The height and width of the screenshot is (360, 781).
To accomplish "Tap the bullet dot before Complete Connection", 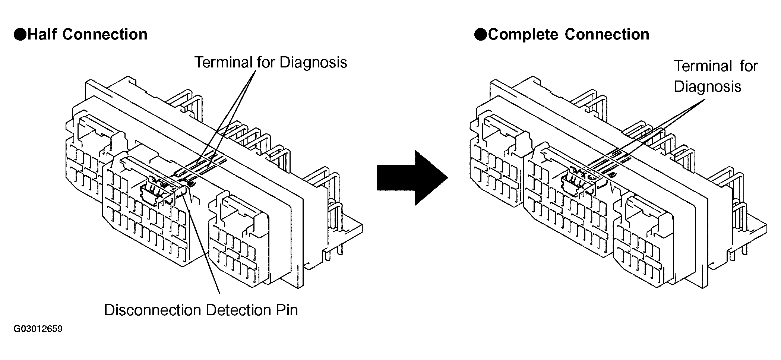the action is pos(480,35).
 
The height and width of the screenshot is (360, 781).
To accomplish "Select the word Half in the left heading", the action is pos(42,34).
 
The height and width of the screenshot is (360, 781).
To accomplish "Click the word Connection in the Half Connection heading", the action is pos(105,34).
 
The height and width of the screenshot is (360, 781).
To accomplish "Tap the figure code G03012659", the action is pos(38,329).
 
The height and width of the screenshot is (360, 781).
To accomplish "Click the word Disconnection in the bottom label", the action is pos(152,310).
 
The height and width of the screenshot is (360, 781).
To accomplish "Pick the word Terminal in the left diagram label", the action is pos(223,62).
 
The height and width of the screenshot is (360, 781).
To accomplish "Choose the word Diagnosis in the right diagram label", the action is pos(708,87).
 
